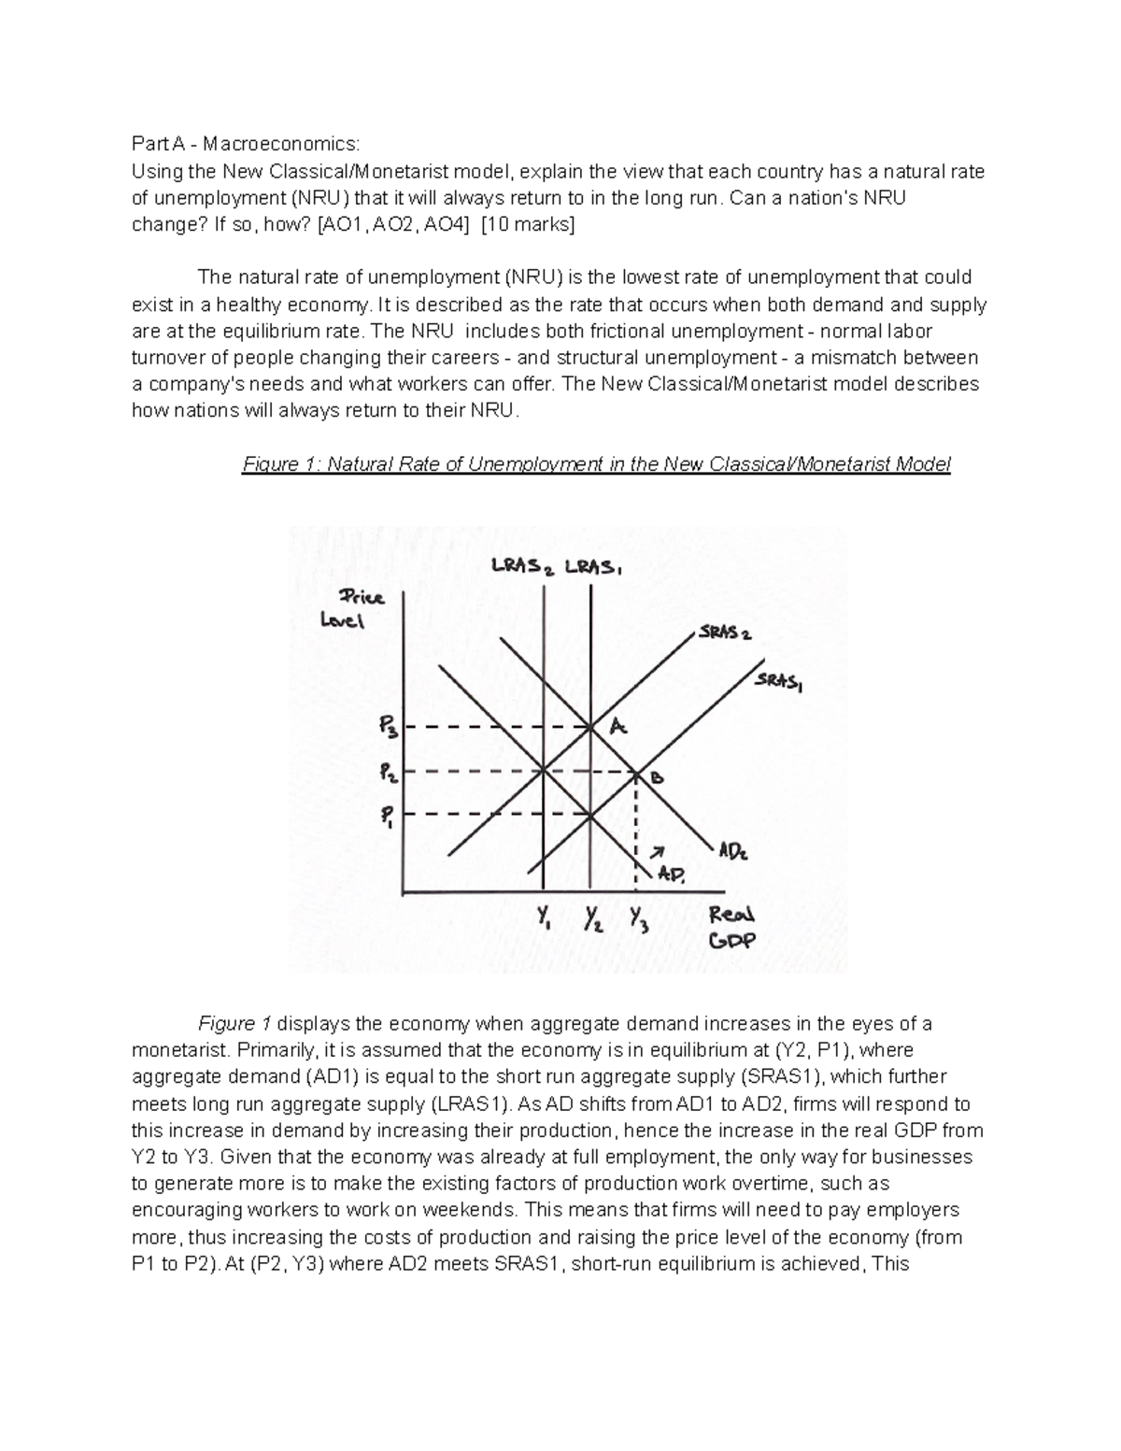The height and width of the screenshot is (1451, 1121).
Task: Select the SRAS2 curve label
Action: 724,633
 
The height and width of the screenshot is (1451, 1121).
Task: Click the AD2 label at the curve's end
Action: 731,851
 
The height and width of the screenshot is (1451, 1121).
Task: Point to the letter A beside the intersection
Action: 617,726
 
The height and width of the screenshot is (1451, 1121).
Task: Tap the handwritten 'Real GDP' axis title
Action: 731,927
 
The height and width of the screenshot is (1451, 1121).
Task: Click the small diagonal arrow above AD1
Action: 658,851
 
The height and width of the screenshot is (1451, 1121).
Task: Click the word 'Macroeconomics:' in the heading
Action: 281,145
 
